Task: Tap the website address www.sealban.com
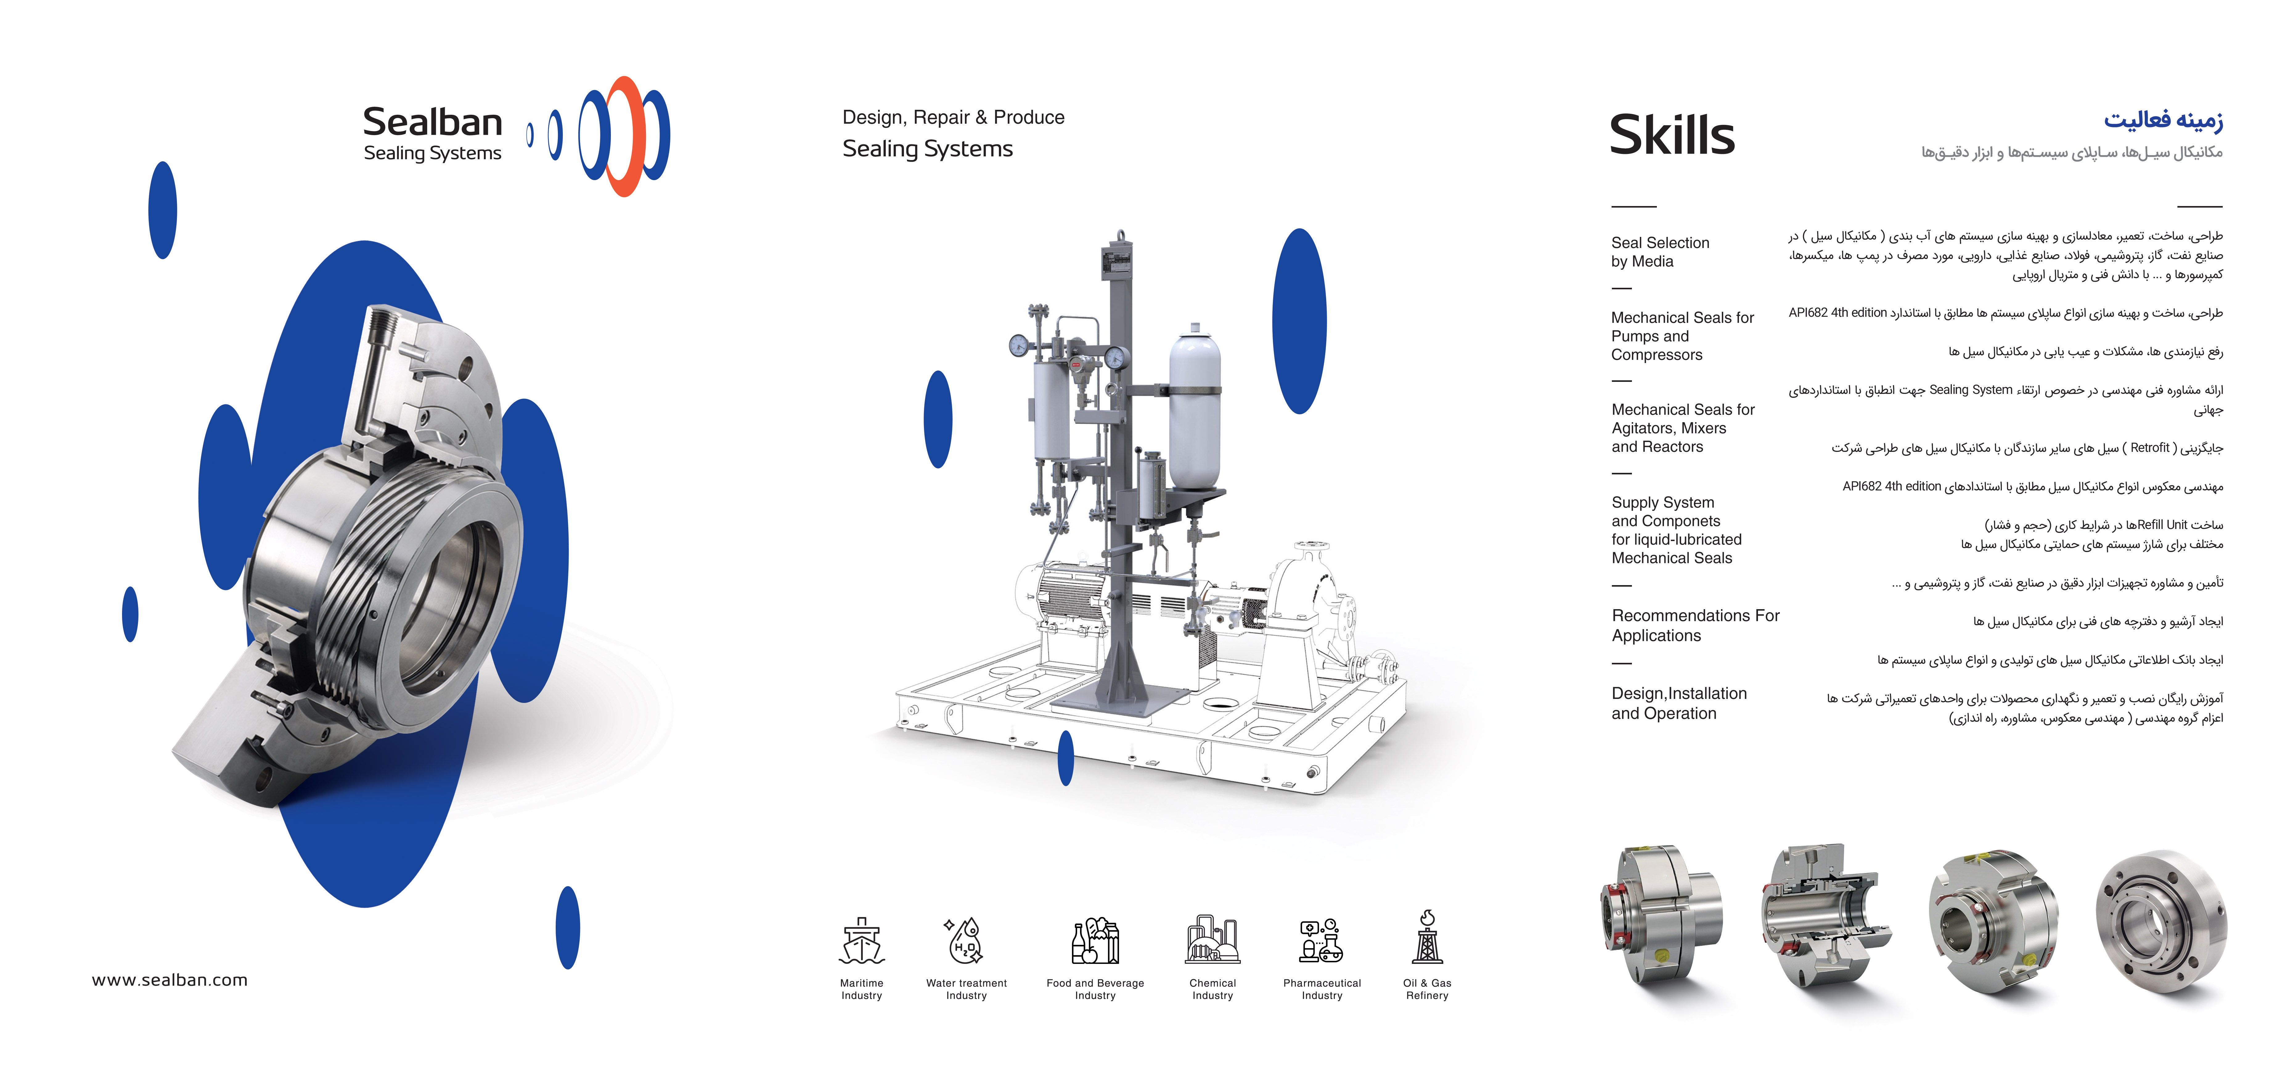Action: point(170,980)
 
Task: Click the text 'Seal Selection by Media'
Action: point(1660,252)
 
